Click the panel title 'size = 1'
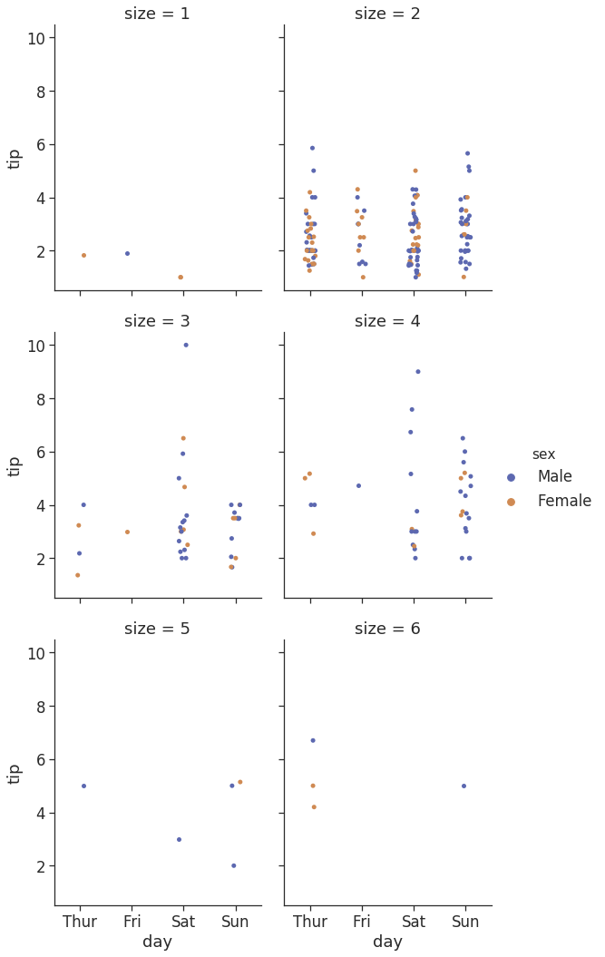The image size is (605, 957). pyautogui.click(x=158, y=14)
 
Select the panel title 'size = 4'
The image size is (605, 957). pyautogui.click(x=387, y=321)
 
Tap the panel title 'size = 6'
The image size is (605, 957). pyautogui.click(x=387, y=629)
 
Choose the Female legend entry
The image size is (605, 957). pyautogui.click(x=563, y=501)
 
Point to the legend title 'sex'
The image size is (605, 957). pyautogui.click(x=543, y=454)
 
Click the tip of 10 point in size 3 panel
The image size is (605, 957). pyautogui.click(x=186, y=345)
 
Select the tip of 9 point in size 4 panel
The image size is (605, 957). pyautogui.click(x=418, y=371)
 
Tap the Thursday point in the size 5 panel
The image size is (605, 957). pyautogui.click(x=83, y=786)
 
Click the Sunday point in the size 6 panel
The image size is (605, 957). pyautogui.click(x=464, y=786)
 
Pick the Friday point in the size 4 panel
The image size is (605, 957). pyautogui.click(x=358, y=485)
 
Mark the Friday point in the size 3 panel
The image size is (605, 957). pyautogui.click(x=127, y=532)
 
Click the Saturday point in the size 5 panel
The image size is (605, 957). pyautogui.click(x=179, y=839)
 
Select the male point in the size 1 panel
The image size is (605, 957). pyautogui.click(x=127, y=253)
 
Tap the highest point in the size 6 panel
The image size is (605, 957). pyautogui.click(x=313, y=740)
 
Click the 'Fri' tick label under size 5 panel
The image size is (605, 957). pyautogui.click(x=132, y=922)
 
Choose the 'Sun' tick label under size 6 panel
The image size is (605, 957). pyautogui.click(x=465, y=922)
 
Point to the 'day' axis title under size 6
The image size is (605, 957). pyautogui.click(x=387, y=942)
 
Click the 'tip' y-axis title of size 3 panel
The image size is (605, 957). pyautogui.click(x=15, y=465)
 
